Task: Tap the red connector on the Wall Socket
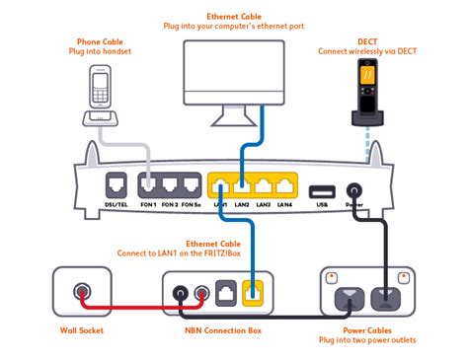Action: coord(80,293)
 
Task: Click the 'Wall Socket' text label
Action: coord(81,330)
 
